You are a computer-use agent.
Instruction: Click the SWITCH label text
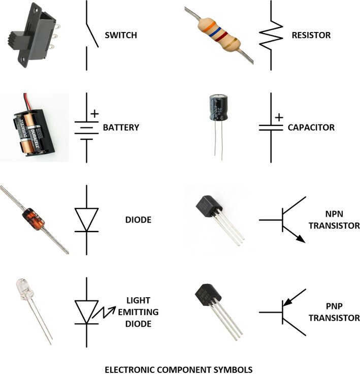(x=121, y=36)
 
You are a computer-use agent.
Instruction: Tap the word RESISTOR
(x=311, y=36)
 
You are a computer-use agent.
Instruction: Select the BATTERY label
(x=121, y=128)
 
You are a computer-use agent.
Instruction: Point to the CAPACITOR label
(x=311, y=128)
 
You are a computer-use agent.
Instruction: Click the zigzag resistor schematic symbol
(x=270, y=35)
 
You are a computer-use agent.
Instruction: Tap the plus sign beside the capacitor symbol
(x=279, y=117)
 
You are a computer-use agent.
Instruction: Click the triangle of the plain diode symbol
(x=86, y=219)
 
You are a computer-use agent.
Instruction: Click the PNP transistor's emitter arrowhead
(x=287, y=302)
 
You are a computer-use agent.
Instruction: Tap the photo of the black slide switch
(x=31, y=36)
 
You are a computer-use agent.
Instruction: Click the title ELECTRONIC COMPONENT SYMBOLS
(x=178, y=369)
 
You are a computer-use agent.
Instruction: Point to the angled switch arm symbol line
(x=91, y=35)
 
